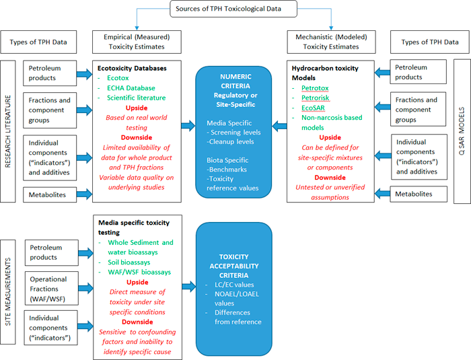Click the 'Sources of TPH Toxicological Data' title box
(x=233, y=9)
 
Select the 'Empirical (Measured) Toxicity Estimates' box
(x=137, y=42)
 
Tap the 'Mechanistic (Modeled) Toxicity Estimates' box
(x=331, y=42)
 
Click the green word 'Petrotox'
(x=315, y=88)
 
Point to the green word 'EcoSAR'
(x=313, y=108)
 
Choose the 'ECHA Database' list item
(x=131, y=88)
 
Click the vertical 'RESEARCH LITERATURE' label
(x=8, y=131)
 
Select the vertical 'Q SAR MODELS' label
(x=462, y=131)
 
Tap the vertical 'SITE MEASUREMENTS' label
(x=8, y=292)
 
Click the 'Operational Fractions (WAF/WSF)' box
(x=52, y=289)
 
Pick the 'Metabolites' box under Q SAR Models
(x=419, y=194)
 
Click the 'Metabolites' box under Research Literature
(x=50, y=194)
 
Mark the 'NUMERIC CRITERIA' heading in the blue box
(x=235, y=81)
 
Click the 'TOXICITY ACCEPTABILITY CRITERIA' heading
(x=234, y=266)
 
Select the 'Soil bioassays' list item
(x=129, y=262)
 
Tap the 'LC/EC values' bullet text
(x=234, y=285)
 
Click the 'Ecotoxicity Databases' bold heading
(x=132, y=68)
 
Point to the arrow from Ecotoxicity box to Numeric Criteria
(x=188, y=125)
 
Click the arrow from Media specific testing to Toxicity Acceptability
(x=189, y=287)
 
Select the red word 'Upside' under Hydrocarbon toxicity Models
(x=330, y=138)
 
